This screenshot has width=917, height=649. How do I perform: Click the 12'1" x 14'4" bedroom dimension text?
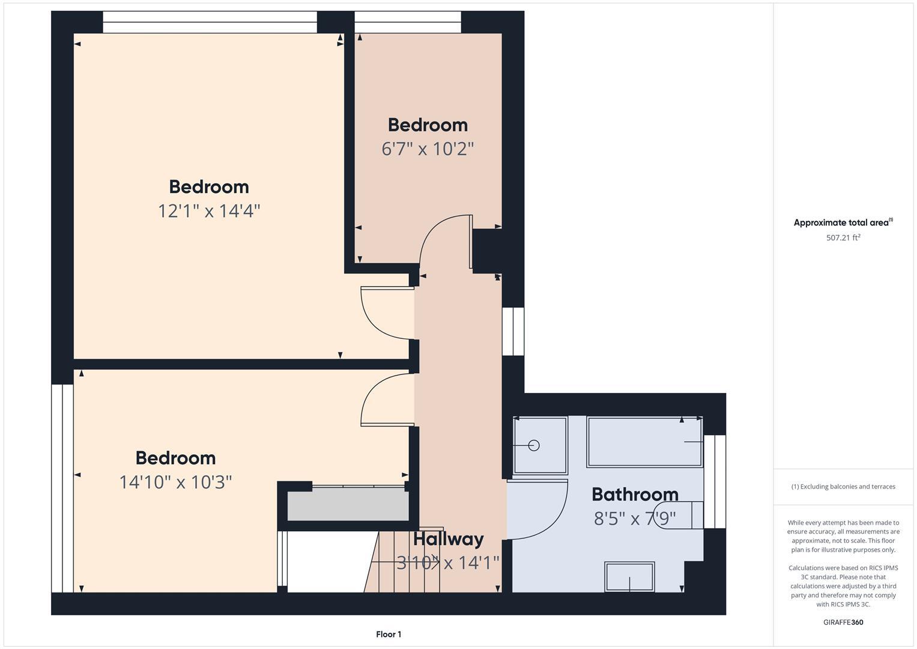209,211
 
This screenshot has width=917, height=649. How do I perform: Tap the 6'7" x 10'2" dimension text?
428,148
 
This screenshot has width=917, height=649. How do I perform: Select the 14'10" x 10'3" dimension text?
175,482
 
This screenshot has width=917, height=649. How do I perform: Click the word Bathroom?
635,494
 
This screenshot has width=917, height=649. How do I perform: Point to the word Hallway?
448,538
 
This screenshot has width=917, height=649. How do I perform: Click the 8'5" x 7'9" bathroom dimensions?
635,517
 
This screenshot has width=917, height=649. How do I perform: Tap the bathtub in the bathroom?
644,442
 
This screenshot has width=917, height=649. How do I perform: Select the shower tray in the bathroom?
540,445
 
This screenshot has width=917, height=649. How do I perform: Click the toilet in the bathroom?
685,515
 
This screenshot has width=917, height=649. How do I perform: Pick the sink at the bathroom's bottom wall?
629,577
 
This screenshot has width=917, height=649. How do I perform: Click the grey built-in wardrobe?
348,505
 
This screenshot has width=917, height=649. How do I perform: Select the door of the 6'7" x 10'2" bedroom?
444,240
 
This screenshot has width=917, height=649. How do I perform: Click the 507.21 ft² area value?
843,237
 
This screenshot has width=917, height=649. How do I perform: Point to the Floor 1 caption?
389,634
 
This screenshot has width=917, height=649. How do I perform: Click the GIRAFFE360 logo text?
843,622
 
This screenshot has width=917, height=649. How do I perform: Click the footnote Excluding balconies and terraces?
843,486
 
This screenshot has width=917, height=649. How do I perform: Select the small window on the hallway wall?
513,331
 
